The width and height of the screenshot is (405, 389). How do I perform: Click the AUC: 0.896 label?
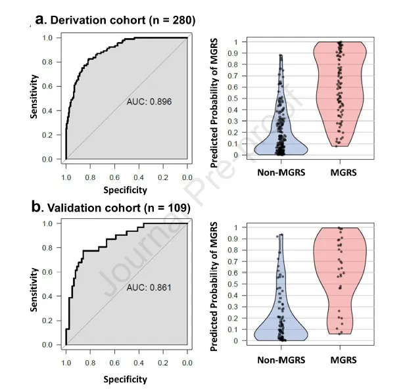tap(149, 102)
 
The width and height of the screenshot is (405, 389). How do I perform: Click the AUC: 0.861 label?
tap(149, 288)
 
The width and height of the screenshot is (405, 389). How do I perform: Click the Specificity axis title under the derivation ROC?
tap(126, 190)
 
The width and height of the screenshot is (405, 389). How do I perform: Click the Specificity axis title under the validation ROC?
tap(126, 379)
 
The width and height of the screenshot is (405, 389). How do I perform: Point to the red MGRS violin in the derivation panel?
tap(339, 92)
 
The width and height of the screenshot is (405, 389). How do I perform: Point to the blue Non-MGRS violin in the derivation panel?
tap(281, 135)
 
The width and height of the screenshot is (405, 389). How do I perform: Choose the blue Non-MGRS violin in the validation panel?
tap(281, 322)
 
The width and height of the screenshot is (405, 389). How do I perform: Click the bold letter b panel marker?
tap(36, 208)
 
